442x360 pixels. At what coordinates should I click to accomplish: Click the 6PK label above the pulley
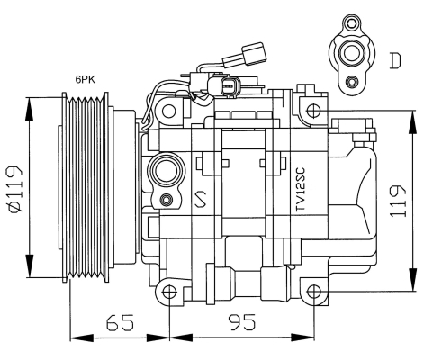point(86,79)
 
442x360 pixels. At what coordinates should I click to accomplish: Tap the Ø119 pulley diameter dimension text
point(14,189)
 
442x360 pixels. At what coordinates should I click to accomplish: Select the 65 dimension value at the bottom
point(120,322)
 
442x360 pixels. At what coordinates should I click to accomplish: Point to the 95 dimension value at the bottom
point(242,322)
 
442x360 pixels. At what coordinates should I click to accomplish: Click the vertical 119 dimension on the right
point(398,201)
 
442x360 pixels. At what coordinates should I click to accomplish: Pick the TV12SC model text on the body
point(300,189)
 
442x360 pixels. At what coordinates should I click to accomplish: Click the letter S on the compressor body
point(201,199)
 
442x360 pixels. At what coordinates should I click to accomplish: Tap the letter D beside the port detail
point(395,60)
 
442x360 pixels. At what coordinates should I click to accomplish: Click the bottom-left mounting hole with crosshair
point(169,292)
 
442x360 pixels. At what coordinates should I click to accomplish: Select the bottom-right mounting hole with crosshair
point(314,292)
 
